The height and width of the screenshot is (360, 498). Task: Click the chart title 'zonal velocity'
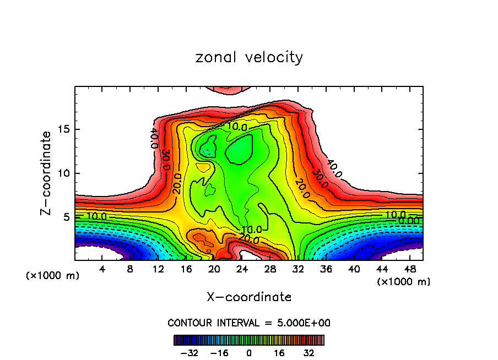(x=249, y=57)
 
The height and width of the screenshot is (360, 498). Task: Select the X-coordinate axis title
(x=249, y=297)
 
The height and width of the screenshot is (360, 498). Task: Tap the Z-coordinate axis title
(x=47, y=173)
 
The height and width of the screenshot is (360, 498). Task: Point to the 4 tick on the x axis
(x=102, y=269)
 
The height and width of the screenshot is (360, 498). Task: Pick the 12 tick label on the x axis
(x=158, y=269)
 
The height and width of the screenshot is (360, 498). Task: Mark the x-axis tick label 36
(x=326, y=269)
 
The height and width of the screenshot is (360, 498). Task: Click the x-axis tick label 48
(x=409, y=269)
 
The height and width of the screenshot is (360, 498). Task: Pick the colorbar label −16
(x=219, y=353)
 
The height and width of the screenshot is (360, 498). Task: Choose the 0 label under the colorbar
(x=249, y=353)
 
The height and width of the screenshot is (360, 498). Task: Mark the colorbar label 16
(x=279, y=353)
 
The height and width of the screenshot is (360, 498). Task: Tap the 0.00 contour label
(x=408, y=221)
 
